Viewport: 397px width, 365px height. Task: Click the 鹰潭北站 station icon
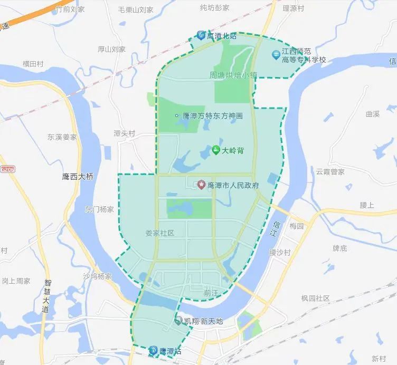(x=201, y=35)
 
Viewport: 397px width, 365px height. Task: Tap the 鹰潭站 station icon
(x=153, y=350)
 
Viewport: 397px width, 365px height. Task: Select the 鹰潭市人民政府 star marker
(x=201, y=185)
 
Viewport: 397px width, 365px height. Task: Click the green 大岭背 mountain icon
(x=216, y=150)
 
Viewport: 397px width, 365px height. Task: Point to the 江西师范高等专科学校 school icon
(x=276, y=55)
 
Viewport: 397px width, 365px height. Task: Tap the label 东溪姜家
(x=62, y=137)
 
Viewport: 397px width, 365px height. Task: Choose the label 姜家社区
(x=159, y=233)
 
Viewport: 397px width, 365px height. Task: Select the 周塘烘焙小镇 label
(x=229, y=75)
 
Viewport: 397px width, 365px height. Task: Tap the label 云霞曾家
(x=330, y=171)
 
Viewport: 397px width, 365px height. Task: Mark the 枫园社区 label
(x=315, y=298)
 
